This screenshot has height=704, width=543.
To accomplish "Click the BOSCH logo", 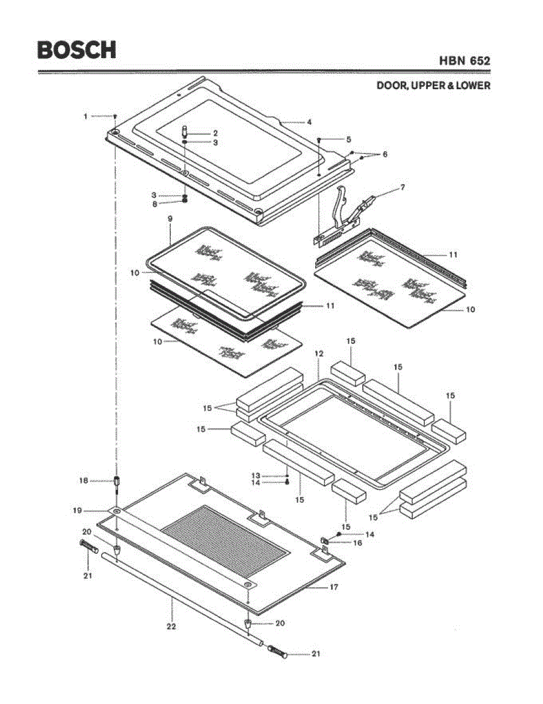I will coord(76,50).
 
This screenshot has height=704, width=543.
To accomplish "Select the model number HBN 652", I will coord(464,60).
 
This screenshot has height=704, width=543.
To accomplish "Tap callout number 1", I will coord(86,116).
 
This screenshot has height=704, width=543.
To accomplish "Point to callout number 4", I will coord(309,122).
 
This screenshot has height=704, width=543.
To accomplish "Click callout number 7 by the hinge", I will coord(403,187).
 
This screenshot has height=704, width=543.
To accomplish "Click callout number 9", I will coord(170,218).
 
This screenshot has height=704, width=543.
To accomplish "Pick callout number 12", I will coord(319,354).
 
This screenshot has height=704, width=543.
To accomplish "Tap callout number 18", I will coord(84,480).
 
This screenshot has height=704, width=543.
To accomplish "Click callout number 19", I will coord(77,510).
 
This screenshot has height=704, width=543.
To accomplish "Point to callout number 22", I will coord(171,626).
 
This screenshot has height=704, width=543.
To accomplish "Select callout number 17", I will coord(333,586).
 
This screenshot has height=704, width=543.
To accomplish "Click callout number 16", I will coord(357,543).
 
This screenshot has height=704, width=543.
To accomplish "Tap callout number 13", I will coord(255,475).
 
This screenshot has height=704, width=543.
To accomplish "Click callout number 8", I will coord(155,204).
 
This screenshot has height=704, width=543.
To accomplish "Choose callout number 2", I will coord(215,133).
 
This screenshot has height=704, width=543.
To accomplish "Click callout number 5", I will coord(348,140).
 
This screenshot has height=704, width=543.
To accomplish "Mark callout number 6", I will coord(385,154).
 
